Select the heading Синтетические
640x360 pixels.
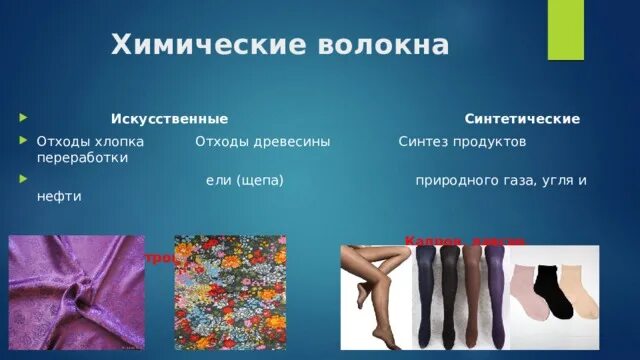click(x=522, y=119)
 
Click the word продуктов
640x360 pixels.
click(x=489, y=142)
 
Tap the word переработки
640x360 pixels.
click(x=81, y=158)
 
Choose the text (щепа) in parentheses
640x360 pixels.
click(x=262, y=180)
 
